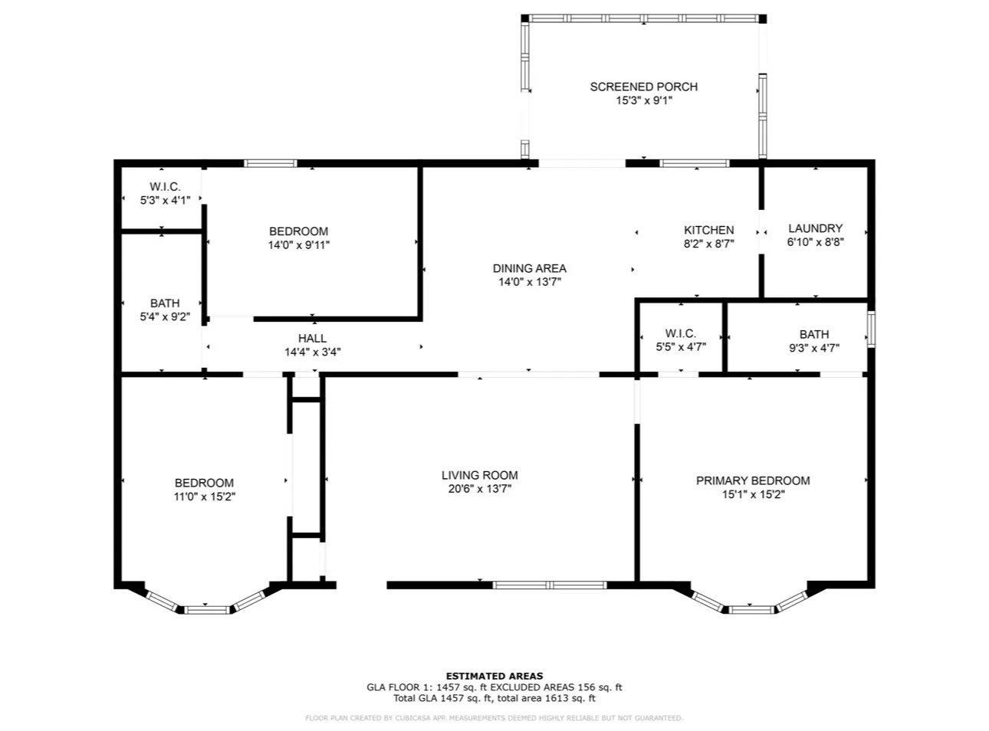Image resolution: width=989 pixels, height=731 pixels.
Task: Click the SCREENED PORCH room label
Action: (x=643, y=87)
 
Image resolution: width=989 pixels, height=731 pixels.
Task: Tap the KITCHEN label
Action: (x=708, y=230)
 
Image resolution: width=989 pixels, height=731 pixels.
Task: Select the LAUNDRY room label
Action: (x=815, y=228)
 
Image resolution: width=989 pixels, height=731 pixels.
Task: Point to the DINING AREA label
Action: (x=529, y=268)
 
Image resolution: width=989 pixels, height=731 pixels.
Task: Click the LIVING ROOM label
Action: (x=479, y=475)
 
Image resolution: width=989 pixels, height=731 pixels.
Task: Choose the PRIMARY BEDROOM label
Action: (x=752, y=480)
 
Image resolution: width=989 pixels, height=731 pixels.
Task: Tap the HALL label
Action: (x=312, y=339)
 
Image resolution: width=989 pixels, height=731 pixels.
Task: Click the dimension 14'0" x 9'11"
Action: (x=298, y=244)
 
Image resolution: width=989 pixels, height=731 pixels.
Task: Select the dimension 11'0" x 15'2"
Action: (x=204, y=496)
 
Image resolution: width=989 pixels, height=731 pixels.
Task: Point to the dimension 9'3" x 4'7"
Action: (x=813, y=348)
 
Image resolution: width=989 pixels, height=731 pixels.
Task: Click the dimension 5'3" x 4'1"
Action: (x=165, y=200)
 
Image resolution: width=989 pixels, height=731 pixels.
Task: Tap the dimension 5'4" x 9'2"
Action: (x=165, y=317)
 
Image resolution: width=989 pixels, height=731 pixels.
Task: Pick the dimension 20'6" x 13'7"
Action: (x=479, y=489)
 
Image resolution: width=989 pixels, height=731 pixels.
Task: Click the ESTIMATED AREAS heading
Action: (x=494, y=676)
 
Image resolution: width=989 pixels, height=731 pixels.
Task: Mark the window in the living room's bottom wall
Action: (x=549, y=585)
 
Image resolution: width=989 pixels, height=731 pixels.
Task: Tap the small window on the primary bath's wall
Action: (x=870, y=329)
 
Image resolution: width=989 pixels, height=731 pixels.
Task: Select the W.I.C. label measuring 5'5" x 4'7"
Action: (x=680, y=333)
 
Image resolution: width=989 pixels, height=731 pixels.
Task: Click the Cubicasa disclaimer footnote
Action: (x=494, y=718)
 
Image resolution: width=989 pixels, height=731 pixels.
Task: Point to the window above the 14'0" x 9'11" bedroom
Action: (x=270, y=163)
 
